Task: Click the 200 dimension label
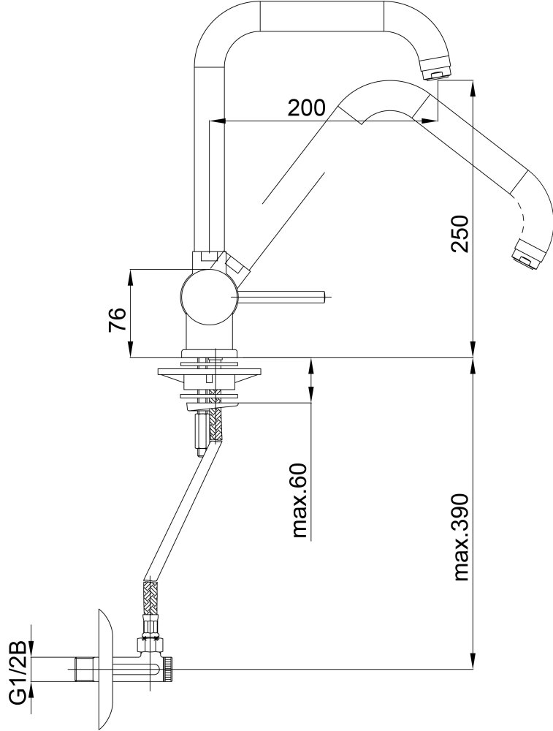click(x=306, y=108)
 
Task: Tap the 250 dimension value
click(x=459, y=234)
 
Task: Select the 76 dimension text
click(x=118, y=319)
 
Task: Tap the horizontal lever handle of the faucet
click(x=281, y=296)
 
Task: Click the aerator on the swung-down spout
click(x=527, y=255)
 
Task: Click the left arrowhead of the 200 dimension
click(x=215, y=121)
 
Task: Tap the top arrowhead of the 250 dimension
click(x=473, y=88)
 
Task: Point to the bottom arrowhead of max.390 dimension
click(x=473, y=662)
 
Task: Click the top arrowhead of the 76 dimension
click(x=131, y=277)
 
